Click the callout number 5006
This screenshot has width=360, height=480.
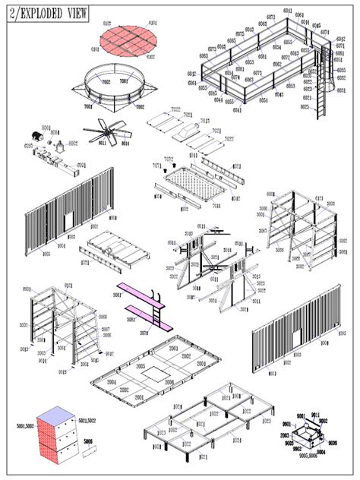pyautogui.click(x=89, y=440)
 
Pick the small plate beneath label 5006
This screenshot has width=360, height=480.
pyautogui.click(x=90, y=450)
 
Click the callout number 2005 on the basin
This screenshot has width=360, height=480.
pyautogui.click(x=140, y=366)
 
